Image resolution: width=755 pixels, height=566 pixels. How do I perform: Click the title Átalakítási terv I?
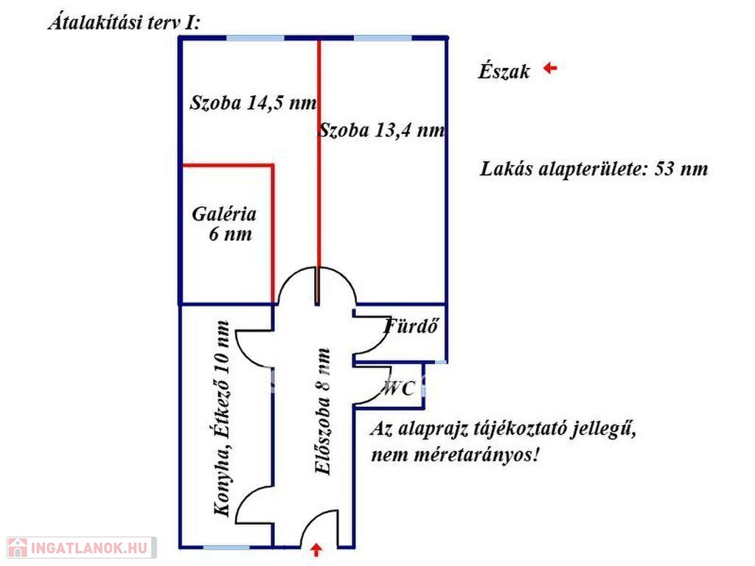124,23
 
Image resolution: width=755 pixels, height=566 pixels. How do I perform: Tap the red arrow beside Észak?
550,69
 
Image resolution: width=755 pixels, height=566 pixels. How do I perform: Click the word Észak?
504,71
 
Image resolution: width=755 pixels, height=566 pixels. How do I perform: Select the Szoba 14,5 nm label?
254,102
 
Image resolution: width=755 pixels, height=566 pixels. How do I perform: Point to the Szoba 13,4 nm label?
382,130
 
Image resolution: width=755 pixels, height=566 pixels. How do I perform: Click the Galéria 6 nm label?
224,224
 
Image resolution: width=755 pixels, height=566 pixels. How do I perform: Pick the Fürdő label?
411,326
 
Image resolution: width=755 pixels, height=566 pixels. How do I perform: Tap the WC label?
398,388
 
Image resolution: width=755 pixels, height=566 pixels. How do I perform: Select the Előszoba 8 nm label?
322,411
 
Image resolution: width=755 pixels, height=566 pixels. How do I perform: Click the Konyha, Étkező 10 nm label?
221,419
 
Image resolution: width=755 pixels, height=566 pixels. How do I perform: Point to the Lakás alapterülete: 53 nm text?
594,169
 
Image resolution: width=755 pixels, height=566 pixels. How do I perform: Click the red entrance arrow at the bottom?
316,550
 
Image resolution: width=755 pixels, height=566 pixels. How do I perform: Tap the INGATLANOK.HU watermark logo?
81,548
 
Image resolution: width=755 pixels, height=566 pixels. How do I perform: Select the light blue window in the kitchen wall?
226,548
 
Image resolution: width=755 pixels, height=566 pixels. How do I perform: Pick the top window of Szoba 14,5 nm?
255,38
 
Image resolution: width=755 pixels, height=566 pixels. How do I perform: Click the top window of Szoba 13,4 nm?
383,38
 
